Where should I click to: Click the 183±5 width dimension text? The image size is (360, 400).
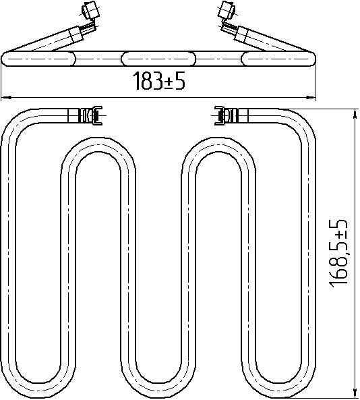pos(159,81)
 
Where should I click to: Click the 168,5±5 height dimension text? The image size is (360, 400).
pos(338,253)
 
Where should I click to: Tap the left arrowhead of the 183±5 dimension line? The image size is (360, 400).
pos(6,97)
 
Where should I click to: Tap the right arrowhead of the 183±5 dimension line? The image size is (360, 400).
pos(311,97)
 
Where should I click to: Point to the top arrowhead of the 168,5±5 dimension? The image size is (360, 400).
pos(355,114)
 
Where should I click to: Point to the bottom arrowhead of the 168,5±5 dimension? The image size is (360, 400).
pos(355,393)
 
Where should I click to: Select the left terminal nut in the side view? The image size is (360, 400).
pos(90,9)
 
